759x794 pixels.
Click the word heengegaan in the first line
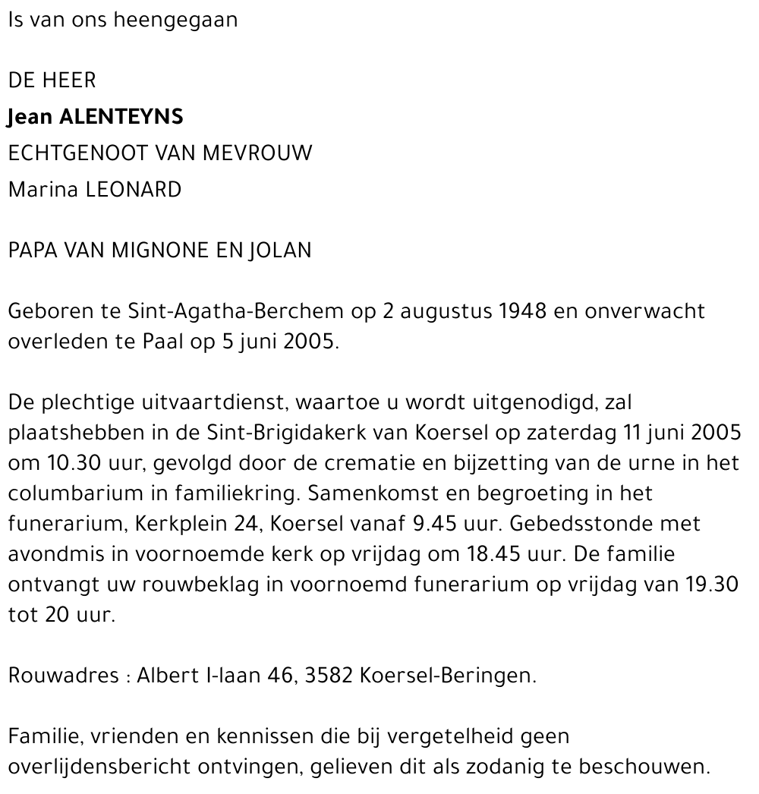click(175, 20)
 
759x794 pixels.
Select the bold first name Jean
click(30, 117)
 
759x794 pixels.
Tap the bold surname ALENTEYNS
click(121, 117)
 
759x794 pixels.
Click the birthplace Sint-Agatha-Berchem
click(236, 311)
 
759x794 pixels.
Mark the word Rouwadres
click(62, 676)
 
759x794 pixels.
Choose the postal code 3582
click(329, 676)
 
